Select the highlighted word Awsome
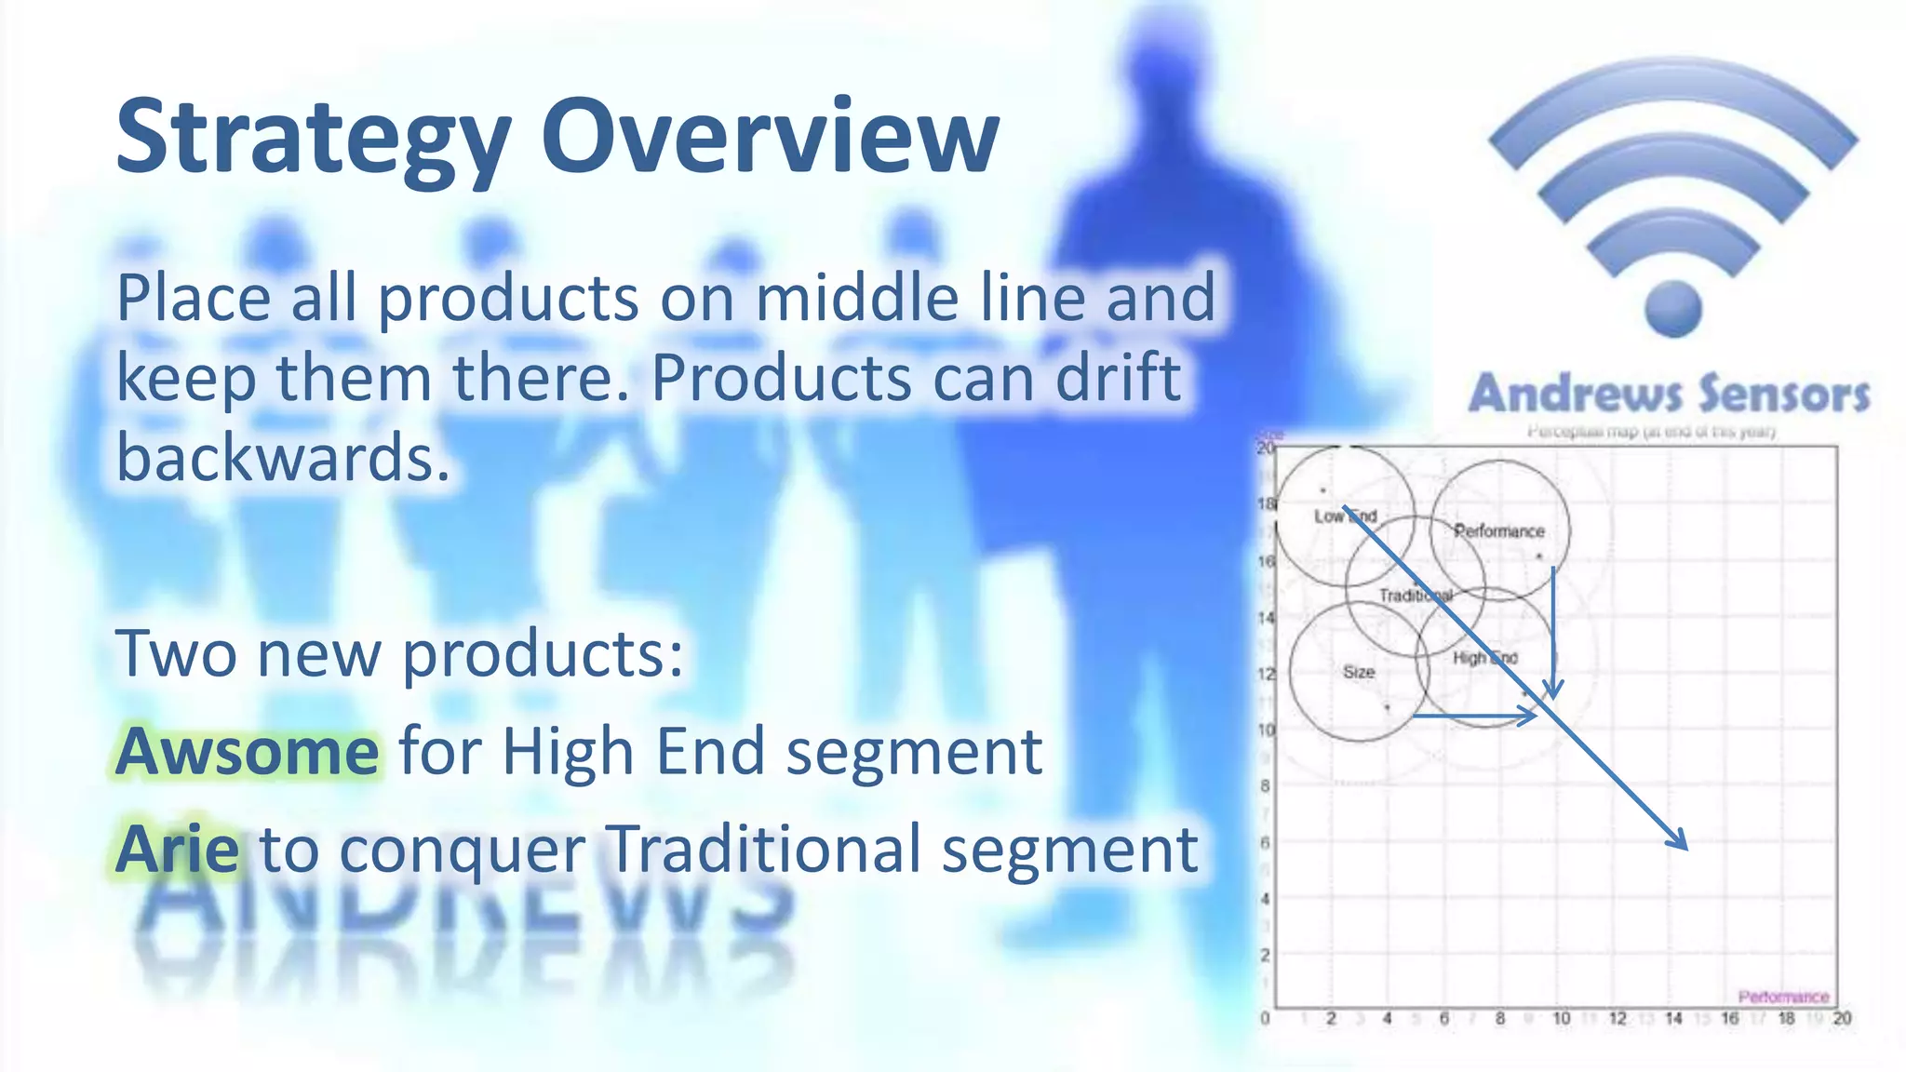coord(248,751)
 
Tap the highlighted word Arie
coord(177,849)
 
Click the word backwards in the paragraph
coord(283,458)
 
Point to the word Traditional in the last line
coord(763,849)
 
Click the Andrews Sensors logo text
coord(1670,394)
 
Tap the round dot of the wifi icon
coord(1672,309)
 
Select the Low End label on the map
coord(1345,516)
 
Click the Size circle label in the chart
coord(1359,672)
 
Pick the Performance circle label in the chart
coord(1499,531)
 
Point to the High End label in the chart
coord(1485,658)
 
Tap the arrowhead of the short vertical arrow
coord(1552,690)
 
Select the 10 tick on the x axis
coord(1561,1019)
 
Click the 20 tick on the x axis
coord(1842,1019)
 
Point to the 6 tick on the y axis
coord(1265,843)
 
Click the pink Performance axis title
coord(1783,997)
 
